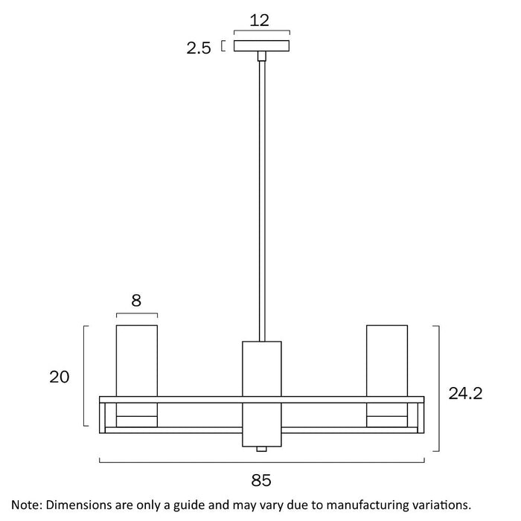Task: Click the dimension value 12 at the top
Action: [259, 21]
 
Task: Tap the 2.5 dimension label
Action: [199, 48]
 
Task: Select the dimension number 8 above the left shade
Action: [136, 301]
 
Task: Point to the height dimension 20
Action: [60, 377]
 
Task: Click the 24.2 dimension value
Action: [465, 394]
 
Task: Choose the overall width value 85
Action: [261, 481]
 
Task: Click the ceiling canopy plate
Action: [261, 46]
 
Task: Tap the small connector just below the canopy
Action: [262, 56]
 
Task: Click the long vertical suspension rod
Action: [262, 201]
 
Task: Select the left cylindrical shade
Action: [137, 360]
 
